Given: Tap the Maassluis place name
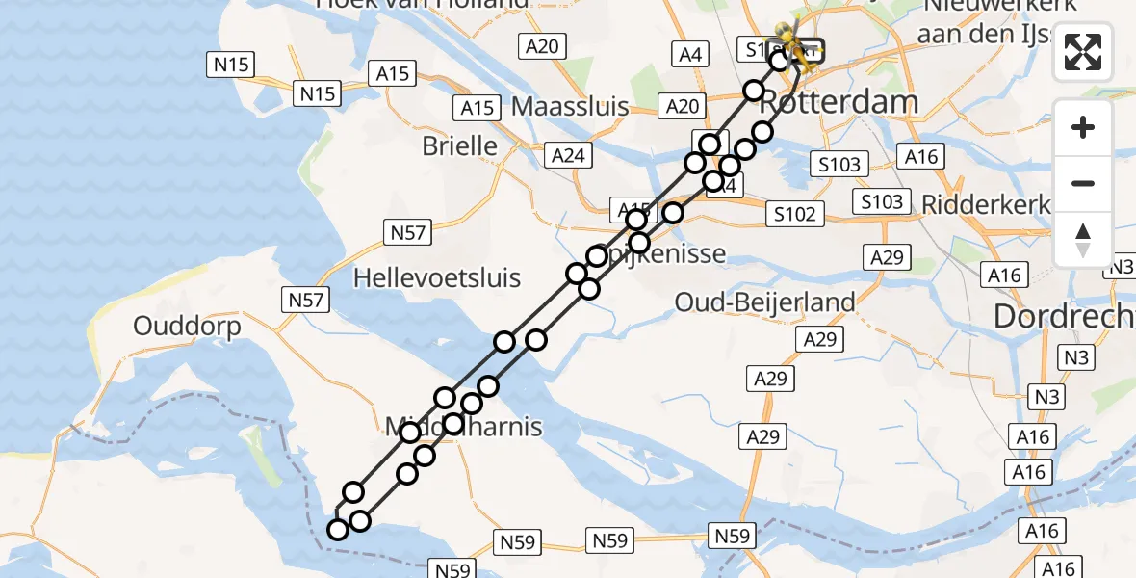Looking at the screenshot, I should [x=570, y=106].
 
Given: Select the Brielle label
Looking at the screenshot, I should [x=460, y=146].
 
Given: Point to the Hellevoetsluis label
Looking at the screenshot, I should [x=437, y=278].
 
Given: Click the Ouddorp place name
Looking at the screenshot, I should [x=187, y=326].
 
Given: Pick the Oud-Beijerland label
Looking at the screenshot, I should [x=764, y=302].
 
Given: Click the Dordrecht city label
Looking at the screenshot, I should [x=1064, y=316].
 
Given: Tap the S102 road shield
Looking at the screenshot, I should [x=794, y=214].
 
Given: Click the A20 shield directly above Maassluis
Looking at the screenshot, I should [x=543, y=45].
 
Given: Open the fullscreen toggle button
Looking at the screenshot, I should [x=1083, y=53].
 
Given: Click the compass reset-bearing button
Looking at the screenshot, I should [x=1083, y=240].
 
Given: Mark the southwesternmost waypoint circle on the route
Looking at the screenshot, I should [x=338, y=530].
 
